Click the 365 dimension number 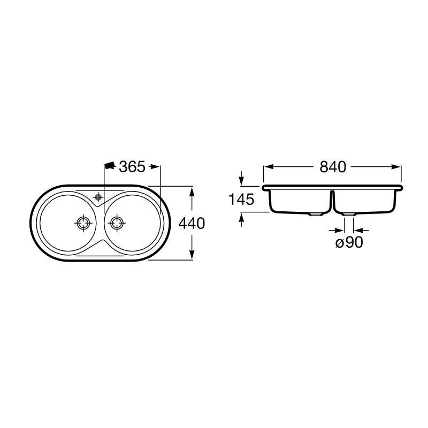point(132,167)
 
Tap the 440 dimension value point(192,224)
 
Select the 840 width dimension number point(333,167)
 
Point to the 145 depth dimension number point(241,199)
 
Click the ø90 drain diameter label point(349,242)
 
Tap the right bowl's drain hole point(117,223)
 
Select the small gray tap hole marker point(98,197)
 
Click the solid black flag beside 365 point(110,166)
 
